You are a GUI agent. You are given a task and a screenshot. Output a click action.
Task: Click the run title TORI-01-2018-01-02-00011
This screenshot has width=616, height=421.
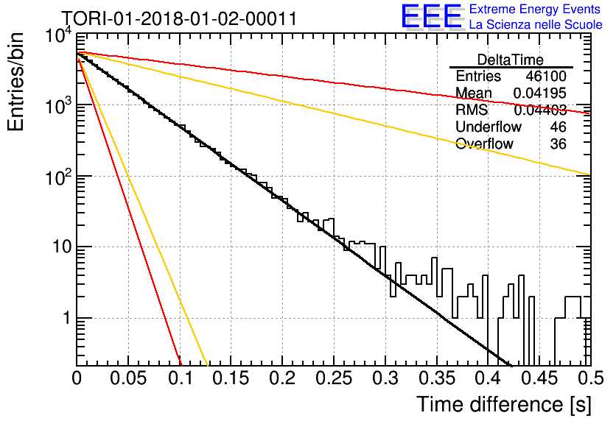tap(179, 18)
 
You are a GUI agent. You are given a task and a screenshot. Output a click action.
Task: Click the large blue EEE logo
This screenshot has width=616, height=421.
tap(431, 16)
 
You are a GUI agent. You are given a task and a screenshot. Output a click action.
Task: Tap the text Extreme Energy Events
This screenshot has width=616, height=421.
tap(535, 9)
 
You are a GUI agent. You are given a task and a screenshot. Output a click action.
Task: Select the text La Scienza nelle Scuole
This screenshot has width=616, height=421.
tap(536, 24)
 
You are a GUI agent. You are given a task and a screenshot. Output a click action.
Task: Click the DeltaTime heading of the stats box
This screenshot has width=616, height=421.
tap(511, 60)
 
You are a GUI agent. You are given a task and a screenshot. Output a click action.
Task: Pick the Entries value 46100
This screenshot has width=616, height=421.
tap(546, 76)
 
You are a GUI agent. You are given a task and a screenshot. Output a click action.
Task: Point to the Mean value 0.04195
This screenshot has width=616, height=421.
tap(540, 93)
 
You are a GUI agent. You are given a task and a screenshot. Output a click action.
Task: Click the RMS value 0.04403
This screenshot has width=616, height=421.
tap(540, 110)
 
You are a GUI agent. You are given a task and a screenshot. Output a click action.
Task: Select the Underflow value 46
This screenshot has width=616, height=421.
tap(559, 127)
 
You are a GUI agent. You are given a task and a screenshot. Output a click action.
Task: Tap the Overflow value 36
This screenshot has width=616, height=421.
tap(559, 144)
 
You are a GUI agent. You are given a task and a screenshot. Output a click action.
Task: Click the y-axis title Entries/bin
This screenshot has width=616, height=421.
tap(15, 82)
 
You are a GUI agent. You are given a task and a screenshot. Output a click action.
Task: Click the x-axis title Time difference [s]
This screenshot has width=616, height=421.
tap(504, 405)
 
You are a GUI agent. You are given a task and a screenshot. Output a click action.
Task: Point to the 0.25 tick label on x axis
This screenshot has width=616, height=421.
tap(334, 378)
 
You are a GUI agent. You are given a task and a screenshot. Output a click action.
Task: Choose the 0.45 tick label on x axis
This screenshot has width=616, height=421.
tap(540, 378)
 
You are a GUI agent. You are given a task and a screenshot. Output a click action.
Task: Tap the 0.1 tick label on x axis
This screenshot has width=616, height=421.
tap(181, 378)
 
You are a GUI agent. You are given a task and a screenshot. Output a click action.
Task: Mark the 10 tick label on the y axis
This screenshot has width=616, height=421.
tap(62, 247)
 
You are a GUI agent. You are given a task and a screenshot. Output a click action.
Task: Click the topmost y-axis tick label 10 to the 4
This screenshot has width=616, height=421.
tap(59, 35)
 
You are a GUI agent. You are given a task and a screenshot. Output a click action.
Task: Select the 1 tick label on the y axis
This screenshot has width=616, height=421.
tap(66, 318)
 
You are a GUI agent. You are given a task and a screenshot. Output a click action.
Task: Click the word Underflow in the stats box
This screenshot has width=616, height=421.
tap(489, 127)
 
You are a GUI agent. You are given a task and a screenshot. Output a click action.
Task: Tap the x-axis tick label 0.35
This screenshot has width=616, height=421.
tap(437, 378)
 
